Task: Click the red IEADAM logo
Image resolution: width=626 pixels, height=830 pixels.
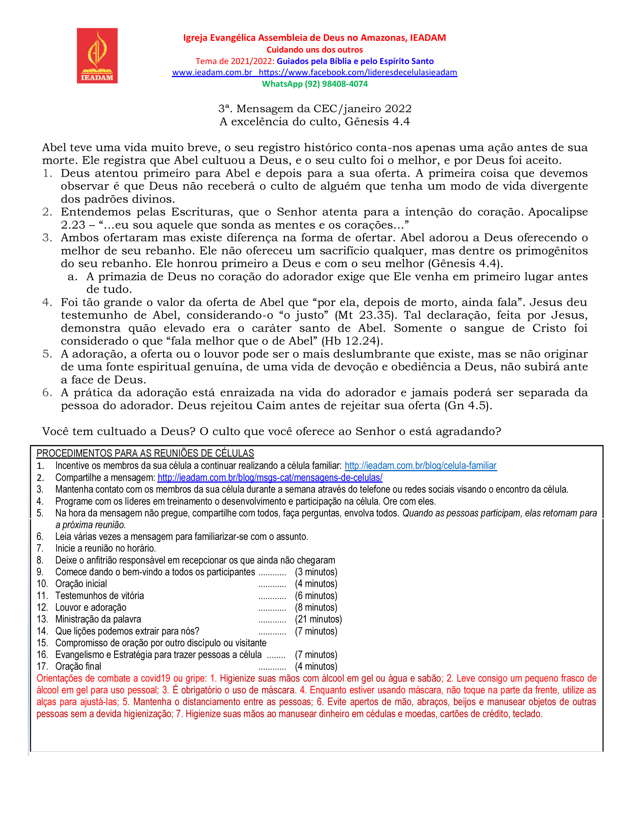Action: tap(97, 56)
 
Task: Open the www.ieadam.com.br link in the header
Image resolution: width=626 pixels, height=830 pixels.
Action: tap(212, 73)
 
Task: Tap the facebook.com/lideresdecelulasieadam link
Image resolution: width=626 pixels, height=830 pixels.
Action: tap(358, 73)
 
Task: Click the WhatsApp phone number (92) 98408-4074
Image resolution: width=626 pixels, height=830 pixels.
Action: tap(336, 84)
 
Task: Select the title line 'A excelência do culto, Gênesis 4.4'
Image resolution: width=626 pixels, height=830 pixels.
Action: tap(315, 122)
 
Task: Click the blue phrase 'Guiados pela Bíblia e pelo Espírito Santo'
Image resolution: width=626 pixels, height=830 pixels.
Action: tap(355, 61)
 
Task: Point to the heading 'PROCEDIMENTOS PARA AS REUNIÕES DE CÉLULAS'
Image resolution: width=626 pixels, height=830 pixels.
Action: tap(145, 453)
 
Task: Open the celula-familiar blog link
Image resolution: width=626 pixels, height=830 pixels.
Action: tap(420, 466)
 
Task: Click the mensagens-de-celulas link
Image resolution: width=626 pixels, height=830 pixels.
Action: tap(270, 477)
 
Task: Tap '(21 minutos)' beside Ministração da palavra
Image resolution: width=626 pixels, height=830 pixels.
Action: tap(318, 619)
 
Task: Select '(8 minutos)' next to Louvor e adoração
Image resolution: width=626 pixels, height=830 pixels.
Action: tap(316, 607)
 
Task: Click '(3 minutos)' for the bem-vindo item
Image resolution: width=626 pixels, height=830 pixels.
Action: tap(316, 572)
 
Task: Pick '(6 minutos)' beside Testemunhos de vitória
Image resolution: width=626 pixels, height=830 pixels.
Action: tap(316, 595)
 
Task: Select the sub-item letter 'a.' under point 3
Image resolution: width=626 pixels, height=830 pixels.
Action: tap(73, 277)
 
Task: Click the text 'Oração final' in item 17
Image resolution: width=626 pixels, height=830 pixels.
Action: tap(78, 666)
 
